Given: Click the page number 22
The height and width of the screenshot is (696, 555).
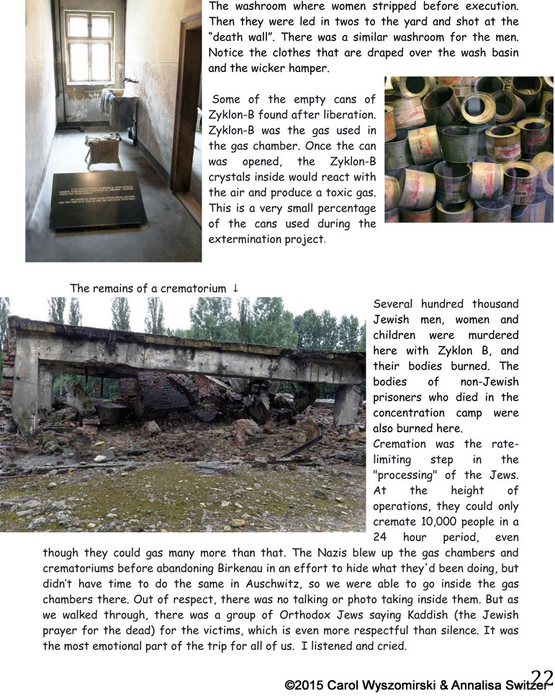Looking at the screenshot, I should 542,677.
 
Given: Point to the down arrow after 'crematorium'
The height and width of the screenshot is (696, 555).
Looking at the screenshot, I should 235,288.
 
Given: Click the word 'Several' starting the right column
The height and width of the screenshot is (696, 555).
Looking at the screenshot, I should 396,304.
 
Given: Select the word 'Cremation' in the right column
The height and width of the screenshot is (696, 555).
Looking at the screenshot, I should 400,444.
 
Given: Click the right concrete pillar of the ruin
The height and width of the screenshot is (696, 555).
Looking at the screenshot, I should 347,406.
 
